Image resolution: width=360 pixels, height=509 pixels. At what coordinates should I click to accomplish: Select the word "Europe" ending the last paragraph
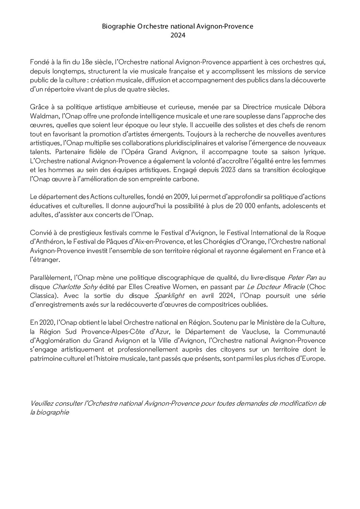pos(313,359)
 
